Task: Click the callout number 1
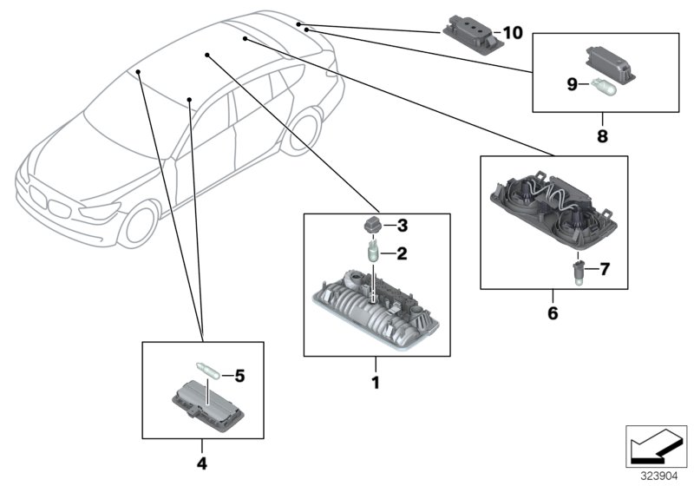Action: (x=376, y=381)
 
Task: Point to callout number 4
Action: (x=202, y=463)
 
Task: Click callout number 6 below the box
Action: (x=553, y=310)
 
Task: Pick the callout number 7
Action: (x=605, y=271)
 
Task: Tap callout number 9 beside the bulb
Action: (x=572, y=83)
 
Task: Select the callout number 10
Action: (x=514, y=33)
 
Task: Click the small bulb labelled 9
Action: (x=600, y=85)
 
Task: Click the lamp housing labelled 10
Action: (x=473, y=31)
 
